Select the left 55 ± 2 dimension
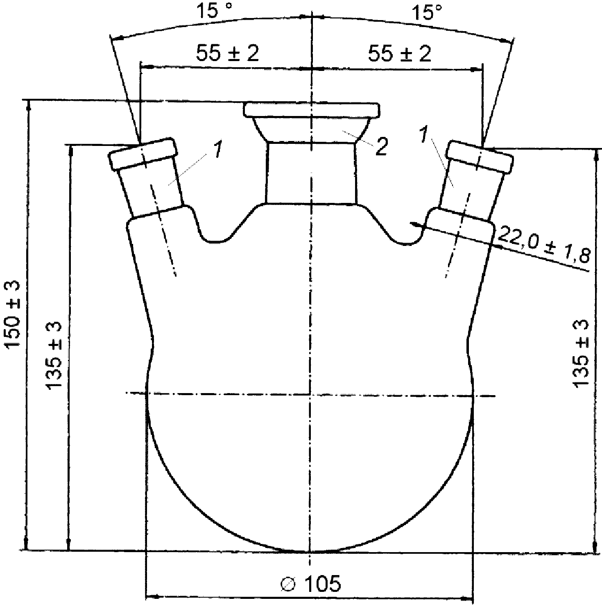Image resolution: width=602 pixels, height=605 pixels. pos(227,53)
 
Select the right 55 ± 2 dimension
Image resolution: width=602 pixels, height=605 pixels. pos(400,53)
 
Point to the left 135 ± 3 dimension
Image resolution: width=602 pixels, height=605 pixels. pos(54,356)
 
